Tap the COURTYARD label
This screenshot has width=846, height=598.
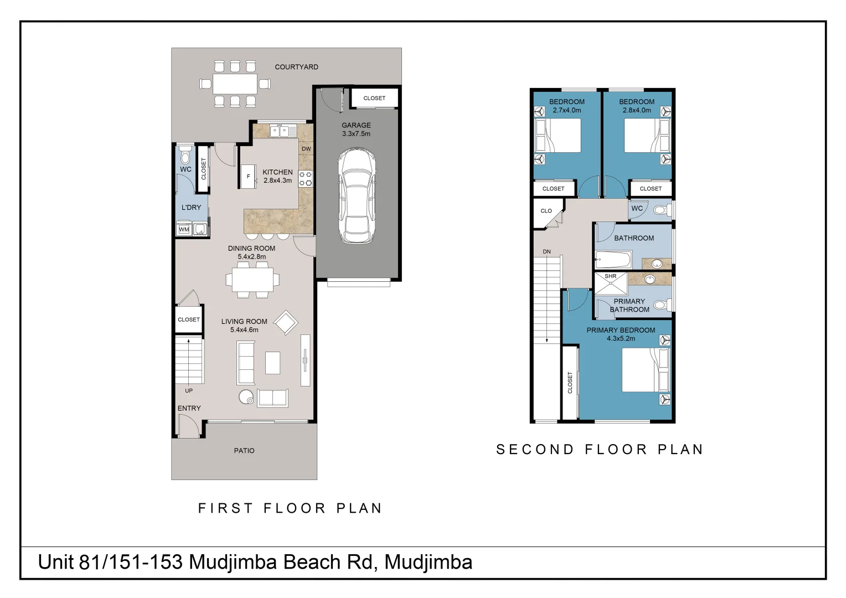(296, 67)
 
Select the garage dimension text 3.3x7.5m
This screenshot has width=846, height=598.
(356, 134)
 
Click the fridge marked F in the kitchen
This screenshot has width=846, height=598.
(248, 176)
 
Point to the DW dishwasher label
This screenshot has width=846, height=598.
(306, 149)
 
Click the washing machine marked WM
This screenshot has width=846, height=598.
(184, 229)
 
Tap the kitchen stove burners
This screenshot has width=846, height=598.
(306, 178)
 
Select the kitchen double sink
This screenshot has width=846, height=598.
(280, 131)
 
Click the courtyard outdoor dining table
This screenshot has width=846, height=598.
(235, 84)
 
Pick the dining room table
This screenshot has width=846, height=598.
(252, 280)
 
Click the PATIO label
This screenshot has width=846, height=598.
(244, 451)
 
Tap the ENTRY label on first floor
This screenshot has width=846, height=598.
(189, 408)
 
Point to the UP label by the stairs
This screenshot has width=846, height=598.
(189, 391)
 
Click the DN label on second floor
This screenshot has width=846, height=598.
(546, 252)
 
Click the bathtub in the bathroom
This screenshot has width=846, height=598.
(613, 259)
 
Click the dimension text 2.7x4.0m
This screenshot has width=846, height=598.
(566, 110)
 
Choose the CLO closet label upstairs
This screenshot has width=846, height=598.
(546, 211)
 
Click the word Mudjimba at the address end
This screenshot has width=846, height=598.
(428, 563)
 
